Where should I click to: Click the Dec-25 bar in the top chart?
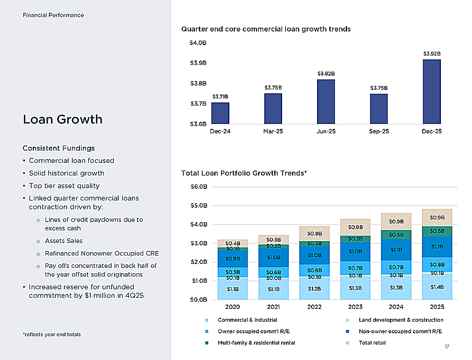pyautogui.click(x=431, y=92)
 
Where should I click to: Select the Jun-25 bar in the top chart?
pyautogui.click(x=326, y=102)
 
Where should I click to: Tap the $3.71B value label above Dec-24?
pyautogui.click(x=220, y=97)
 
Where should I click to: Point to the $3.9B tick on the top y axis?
pyautogui.click(x=198, y=63)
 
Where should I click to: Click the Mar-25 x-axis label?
pyautogui.click(x=273, y=131)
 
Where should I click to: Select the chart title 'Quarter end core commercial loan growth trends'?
pyautogui.click(x=266, y=29)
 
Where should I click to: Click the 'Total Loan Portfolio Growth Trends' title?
pyautogui.click(x=244, y=173)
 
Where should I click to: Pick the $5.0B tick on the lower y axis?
pyautogui.click(x=199, y=206)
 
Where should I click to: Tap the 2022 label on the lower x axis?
pyautogui.click(x=314, y=307)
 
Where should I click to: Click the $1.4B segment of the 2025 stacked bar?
pyautogui.click(x=437, y=287)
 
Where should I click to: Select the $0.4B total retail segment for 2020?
pyautogui.click(x=233, y=243)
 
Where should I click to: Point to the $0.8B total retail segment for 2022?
pyautogui.click(x=314, y=233)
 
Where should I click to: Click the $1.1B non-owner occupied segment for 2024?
pyautogui.click(x=396, y=250)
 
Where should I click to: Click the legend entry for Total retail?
pyautogui.click(x=366, y=343)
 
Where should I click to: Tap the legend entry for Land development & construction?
pyautogui.click(x=395, y=320)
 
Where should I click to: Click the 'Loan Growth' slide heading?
pyautogui.click(x=63, y=119)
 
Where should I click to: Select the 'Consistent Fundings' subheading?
pyautogui.click(x=59, y=148)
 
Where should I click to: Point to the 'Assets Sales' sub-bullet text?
pyautogui.click(x=63, y=241)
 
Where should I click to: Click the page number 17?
pyautogui.click(x=447, y=347)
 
